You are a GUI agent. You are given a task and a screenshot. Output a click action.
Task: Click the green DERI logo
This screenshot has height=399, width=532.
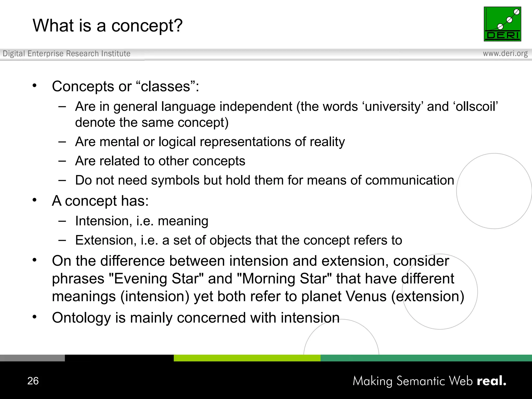click(x=502, y=24)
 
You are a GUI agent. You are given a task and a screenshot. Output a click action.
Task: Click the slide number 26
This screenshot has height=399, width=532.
click(x=33, y=381)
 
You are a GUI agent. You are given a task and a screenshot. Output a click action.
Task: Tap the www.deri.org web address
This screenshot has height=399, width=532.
click(x=505, y=54)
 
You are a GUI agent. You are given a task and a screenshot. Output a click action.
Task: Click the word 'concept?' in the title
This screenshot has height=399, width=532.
click(x=147, y=26)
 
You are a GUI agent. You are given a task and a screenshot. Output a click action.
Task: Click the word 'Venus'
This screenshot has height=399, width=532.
click(x=366, y=296)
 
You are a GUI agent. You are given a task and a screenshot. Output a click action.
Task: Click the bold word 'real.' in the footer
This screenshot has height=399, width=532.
click(x=491, y=381)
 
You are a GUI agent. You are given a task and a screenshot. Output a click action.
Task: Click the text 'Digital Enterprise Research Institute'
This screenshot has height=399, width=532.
click(x=66, y=54)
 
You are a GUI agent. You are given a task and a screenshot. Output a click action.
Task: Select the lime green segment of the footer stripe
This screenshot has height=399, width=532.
click(x=247, y=358)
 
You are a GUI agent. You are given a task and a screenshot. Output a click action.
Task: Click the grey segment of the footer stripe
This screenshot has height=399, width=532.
click(x=32, y=358)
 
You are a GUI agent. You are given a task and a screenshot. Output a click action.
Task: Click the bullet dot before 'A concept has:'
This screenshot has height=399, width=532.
click(x=35, y=200)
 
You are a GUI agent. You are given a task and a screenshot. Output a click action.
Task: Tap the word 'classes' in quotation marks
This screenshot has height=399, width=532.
click(x=165, y=87)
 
